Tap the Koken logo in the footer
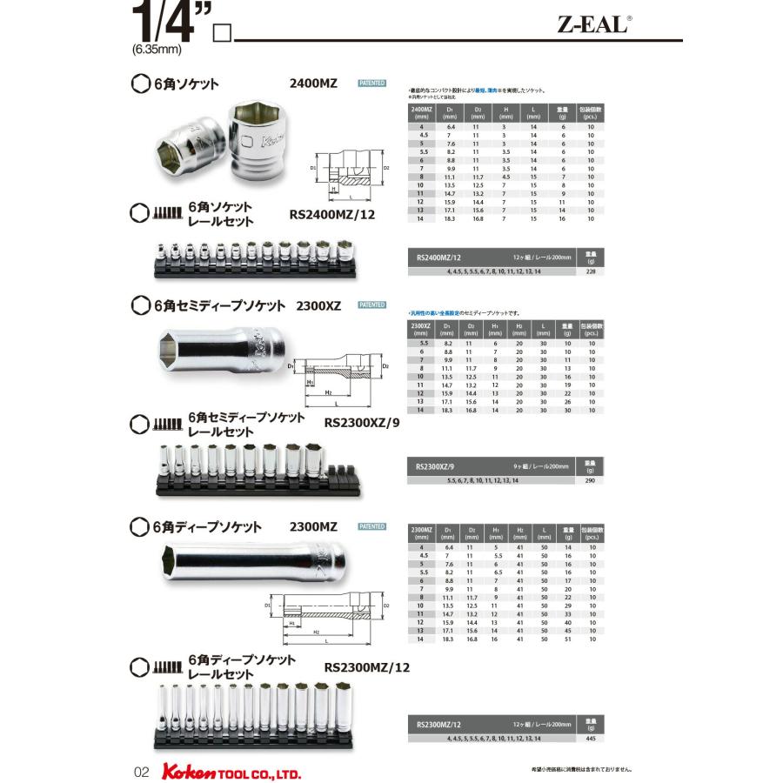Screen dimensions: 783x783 tap(177, 771)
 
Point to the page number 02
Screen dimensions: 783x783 tap(143, 772)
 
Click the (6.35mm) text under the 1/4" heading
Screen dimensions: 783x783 tap(157, 49)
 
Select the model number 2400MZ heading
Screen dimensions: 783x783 tap(313, 84)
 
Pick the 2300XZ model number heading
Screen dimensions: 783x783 tap(318, 305)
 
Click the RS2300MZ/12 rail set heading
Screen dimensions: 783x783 tap(365, 667)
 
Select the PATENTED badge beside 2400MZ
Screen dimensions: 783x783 tap(371, 84)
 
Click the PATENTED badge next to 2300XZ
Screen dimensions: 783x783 tap(371, 304)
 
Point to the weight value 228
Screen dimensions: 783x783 tap(592, 272)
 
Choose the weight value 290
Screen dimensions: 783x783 tap(592, 481)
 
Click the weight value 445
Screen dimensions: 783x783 tap(592, 737)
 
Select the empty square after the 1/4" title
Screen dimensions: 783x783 tap(221, 34)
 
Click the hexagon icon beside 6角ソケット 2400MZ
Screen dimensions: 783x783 tap(138, 84)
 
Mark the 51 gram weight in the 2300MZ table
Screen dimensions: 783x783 tap(567, 639)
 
